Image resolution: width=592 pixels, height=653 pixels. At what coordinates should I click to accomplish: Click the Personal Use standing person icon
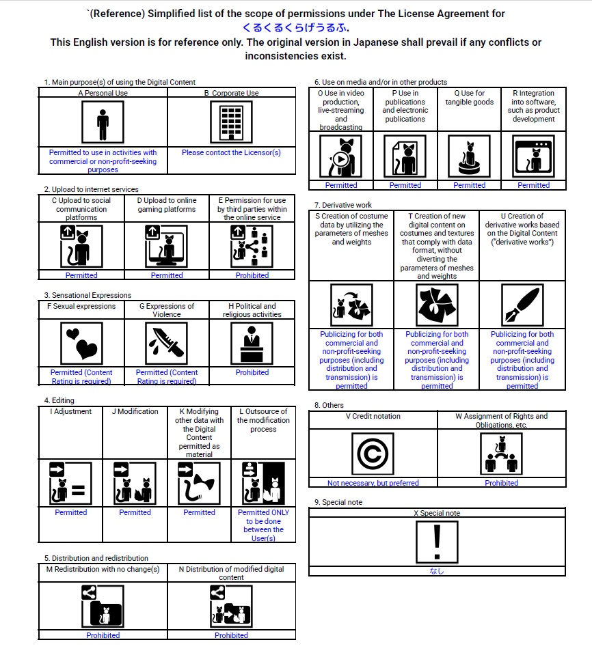(x=103, y=123)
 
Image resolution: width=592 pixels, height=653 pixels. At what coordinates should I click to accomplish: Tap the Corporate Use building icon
(x=231, y=123)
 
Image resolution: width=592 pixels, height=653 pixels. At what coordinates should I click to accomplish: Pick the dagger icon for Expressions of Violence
(x=167, y=344)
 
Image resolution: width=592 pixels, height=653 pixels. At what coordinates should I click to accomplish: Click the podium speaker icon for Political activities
(x=252, y=344)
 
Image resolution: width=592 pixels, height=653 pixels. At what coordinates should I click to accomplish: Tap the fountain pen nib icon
(x=522, y=305)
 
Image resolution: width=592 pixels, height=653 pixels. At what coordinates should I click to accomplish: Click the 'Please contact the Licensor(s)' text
(x=231, y=153)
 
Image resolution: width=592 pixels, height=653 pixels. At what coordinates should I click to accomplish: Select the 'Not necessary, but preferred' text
(x=373, y=483)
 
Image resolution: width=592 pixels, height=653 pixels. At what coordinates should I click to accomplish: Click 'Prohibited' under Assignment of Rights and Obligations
(x=502, y=483)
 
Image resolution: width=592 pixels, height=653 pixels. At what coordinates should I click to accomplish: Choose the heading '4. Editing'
(x=59, y=400)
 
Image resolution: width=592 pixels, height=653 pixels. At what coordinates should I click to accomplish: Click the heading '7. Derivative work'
(x=343, y=205)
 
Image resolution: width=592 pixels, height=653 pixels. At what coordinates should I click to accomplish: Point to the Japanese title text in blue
(x=295, y=28)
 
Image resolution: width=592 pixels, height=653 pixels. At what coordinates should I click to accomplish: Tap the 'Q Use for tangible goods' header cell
(x=469, y=98)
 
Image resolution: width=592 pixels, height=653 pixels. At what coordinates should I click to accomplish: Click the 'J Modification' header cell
(x=135, y=412)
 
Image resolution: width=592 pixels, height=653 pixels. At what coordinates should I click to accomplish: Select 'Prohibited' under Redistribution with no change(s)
(x=103, y=635)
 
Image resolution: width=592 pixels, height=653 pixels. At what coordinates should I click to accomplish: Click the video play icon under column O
(x=341, y=156)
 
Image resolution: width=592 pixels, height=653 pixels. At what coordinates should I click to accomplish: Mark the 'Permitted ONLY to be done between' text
(x=263, y=520)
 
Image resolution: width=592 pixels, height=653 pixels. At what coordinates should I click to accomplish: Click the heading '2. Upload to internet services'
(x=91, y=189)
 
